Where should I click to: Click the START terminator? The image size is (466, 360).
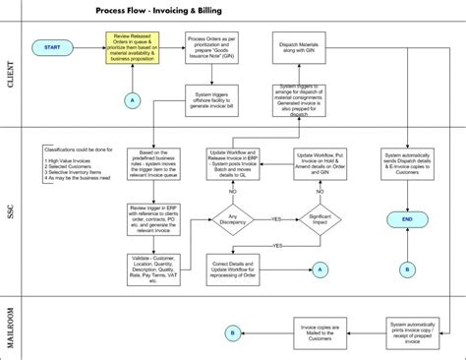51,46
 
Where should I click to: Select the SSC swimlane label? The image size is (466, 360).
13,209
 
